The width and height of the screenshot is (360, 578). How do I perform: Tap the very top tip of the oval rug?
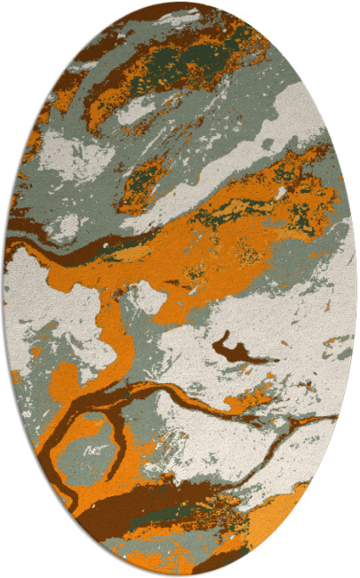180,3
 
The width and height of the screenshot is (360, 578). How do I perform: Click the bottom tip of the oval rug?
180,574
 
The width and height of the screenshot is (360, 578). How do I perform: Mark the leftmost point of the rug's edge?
4,289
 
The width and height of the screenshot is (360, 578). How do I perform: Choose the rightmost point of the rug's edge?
356,289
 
